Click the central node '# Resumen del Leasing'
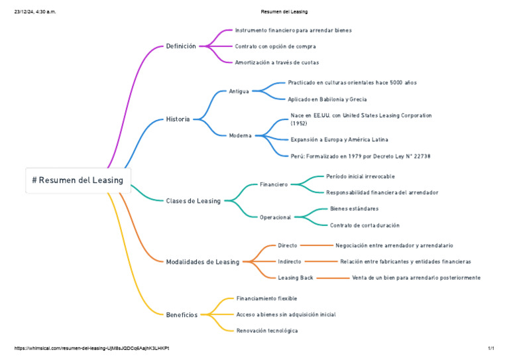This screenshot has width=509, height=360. tap(78, 180)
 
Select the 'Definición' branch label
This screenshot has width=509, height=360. tap(181, 46)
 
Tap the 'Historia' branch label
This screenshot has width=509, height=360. tap(178, 119)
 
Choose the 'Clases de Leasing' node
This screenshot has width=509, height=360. tap(194, 201)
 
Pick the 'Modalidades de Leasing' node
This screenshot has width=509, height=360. tap(203, 262)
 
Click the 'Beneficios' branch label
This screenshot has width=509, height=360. tap(182, 315)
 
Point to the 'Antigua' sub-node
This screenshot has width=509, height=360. tap(239, 91)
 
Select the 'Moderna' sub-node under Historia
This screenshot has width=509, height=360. tap(240, 135)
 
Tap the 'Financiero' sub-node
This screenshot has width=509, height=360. tap(274, 184)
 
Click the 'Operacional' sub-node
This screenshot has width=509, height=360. tap(275, 217)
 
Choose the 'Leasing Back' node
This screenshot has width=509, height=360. tap(296, 278)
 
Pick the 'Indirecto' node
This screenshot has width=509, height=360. tap(290, 261)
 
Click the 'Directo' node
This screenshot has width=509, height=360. tap(288, 245)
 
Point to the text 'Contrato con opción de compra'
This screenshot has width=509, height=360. tap(275, 46)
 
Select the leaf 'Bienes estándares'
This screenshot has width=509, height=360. tap(355, 209)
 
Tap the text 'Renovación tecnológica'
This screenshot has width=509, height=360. tap(267, 330)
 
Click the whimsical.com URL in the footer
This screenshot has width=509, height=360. tap(91, 348)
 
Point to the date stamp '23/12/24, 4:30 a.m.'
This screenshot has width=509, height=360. tap(35, 12)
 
